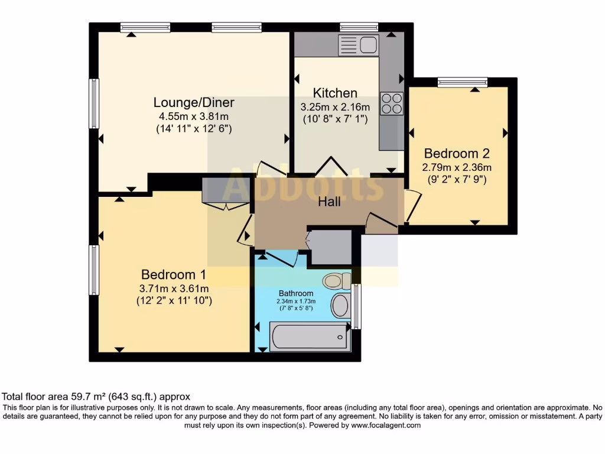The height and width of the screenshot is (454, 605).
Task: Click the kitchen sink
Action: point(359,45)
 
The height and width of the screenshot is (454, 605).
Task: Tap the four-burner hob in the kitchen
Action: point(391,103)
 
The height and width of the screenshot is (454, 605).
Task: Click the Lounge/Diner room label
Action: point(194,102)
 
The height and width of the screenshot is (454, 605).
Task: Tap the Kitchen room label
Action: point(335,93)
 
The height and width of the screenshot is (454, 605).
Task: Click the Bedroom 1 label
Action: point(173,274)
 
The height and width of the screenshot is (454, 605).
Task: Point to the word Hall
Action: point(329,202)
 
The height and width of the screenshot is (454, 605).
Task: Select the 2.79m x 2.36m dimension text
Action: point(456,167)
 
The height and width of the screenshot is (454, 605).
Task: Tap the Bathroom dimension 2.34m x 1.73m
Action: point(297,301)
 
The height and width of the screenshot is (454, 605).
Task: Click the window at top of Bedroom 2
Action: point(463,82)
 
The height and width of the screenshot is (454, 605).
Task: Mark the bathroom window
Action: point(356,306)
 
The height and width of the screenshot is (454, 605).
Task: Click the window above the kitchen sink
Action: point(359,27)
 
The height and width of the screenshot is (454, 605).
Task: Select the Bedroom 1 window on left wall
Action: point(94,270)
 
